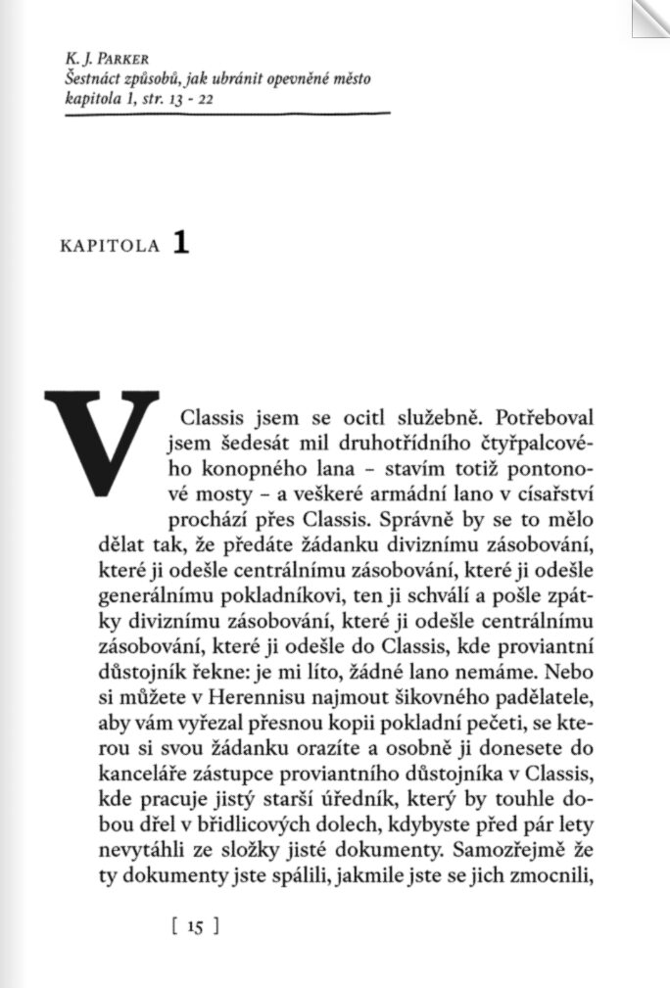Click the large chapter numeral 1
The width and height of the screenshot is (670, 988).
pyautogui.click(x=179, y=243)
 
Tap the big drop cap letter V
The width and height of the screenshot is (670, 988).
pyautogui.click(x=102, y=441)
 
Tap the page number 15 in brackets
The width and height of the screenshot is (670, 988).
pyautogui.click(x=193, y=925)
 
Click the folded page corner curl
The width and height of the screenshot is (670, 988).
pyautogui.click(x=649, y=17)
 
